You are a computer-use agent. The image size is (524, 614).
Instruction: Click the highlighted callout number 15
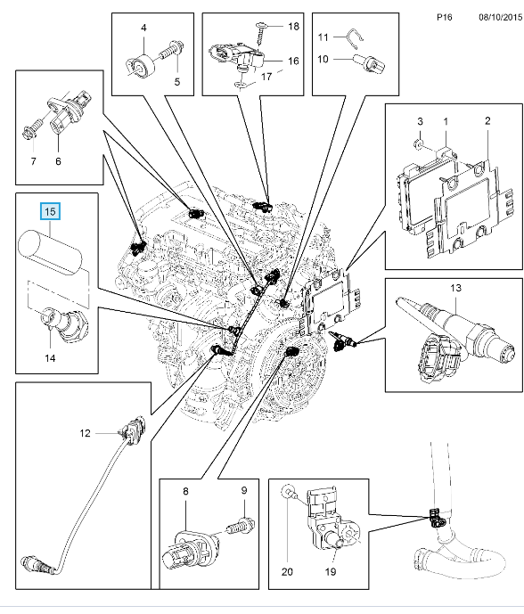pos(50,212)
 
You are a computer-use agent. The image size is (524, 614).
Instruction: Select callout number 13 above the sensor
pos(456,288)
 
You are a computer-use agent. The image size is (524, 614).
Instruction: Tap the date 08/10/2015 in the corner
pos(501,17)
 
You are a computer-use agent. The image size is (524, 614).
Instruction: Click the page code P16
pos(445,17)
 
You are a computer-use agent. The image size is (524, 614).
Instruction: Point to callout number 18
pos(294,26)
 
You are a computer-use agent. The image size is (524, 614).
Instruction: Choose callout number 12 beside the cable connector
pos(85,433)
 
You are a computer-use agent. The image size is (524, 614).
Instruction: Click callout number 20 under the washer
pos(287,572)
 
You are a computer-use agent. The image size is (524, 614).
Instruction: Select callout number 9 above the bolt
pos(244,491)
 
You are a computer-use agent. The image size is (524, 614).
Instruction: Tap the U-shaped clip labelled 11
pos(356,39)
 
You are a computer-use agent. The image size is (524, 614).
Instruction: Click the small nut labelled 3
pos(418,144)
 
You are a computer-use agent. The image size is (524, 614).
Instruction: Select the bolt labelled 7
pos(31,129)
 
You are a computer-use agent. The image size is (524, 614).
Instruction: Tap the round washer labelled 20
pos(289,491)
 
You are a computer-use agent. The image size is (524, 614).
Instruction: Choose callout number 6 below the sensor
pos(58,161)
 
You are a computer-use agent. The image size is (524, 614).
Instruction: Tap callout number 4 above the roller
pos(143,28)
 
